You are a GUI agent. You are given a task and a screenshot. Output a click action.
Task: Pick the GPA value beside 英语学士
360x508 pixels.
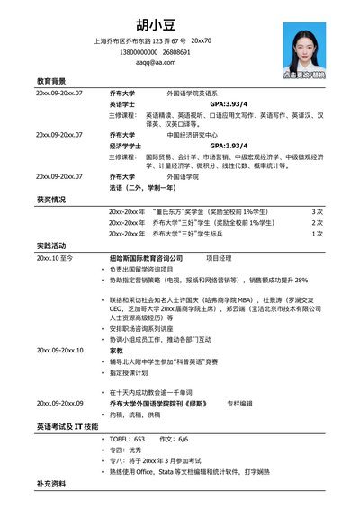pyautogui.click(x=228, y=104)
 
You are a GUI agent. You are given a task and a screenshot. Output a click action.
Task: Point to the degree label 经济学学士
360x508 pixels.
pyautogui.click(x=125, y=145)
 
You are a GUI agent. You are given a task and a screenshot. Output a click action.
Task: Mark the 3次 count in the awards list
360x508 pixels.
pyautogui.click(x=318, y=211)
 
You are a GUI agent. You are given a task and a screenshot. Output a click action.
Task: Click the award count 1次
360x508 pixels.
pyautogui.click(x=318, y=234)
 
